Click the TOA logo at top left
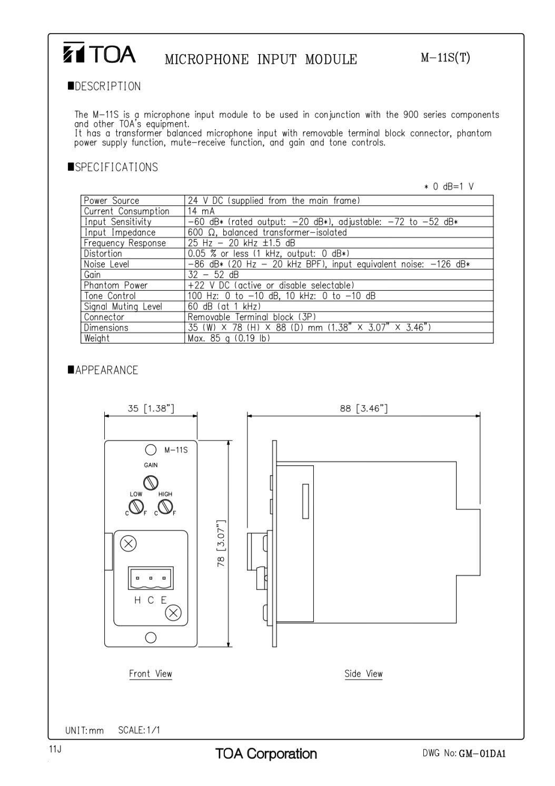[x=100, y=54]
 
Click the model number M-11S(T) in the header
[x=445, y=58]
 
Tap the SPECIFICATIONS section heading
[x=113, y=168]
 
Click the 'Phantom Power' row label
[x=115, y=286]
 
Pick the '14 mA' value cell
[x=201, y=211]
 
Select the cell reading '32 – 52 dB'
[x=213, y=275]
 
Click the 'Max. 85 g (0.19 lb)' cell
[x=229, y=338]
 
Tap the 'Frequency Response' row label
[x=125, y=243]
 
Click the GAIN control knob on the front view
[x=151, y=482]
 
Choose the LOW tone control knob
[x=137, y=507]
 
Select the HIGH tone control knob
[x=165, y=507]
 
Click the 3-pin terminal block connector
[x=151, y=579]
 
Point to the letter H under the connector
[x=137, y=600]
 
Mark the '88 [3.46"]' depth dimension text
[x=363, y=408]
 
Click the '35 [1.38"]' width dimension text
[x=151, y=408]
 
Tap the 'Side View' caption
[x=363, y=674]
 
